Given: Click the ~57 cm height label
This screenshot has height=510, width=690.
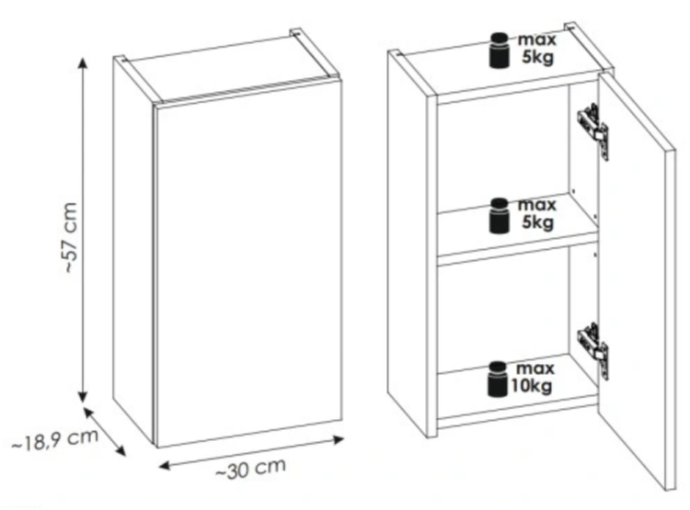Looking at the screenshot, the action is tap(71, 237).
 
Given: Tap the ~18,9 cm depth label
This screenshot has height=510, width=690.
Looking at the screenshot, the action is tap(55, 440).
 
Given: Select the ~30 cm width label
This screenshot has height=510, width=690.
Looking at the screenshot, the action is tap(251, 469).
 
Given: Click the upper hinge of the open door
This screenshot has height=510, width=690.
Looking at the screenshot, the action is tap(593, 131).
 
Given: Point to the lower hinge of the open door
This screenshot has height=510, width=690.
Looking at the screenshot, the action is tap(593, 350).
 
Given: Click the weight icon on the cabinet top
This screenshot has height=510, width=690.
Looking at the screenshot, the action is tap(500, 51).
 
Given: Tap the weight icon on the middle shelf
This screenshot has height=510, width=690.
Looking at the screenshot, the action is tap(500, 215).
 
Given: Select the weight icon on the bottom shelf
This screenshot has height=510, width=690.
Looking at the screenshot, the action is tap(498, 379).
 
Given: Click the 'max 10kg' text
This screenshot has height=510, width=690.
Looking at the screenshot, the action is tap(532, 378).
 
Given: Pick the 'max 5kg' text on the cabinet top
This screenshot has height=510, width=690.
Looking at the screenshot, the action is tap(537, 49).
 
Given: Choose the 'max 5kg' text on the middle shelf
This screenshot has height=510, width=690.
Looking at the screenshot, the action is tap(537, 214).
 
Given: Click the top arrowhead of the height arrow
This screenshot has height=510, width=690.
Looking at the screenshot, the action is tap(83, 62).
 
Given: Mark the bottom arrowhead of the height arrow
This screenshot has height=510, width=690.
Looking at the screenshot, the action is tap(83, 395).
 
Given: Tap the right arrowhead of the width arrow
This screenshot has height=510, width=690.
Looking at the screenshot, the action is tap(338, 440).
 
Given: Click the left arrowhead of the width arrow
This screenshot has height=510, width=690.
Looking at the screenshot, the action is tap(164, 465).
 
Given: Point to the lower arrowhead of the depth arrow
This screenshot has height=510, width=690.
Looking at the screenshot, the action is tap(121, 449).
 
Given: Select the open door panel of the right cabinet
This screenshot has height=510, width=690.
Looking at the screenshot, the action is tap(638, 281).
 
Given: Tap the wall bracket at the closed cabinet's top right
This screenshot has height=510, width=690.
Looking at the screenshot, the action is tap(296, 32).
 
